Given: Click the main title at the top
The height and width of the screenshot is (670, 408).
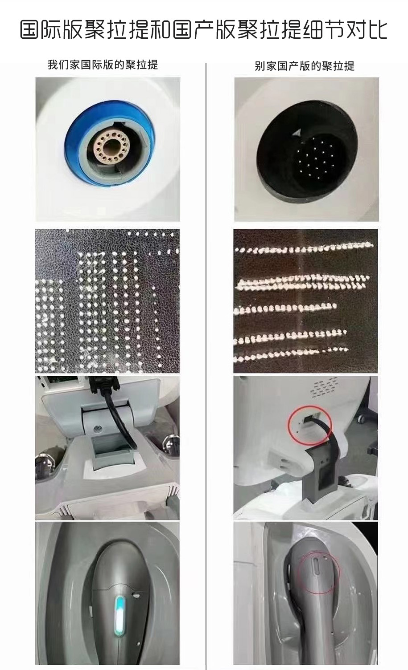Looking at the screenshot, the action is (204, 30).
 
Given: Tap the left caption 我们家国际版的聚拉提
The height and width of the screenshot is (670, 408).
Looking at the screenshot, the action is (103, 65).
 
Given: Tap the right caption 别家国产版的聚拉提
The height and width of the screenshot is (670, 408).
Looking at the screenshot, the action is (305, 66).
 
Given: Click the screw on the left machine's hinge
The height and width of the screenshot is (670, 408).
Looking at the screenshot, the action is (97, 428).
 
